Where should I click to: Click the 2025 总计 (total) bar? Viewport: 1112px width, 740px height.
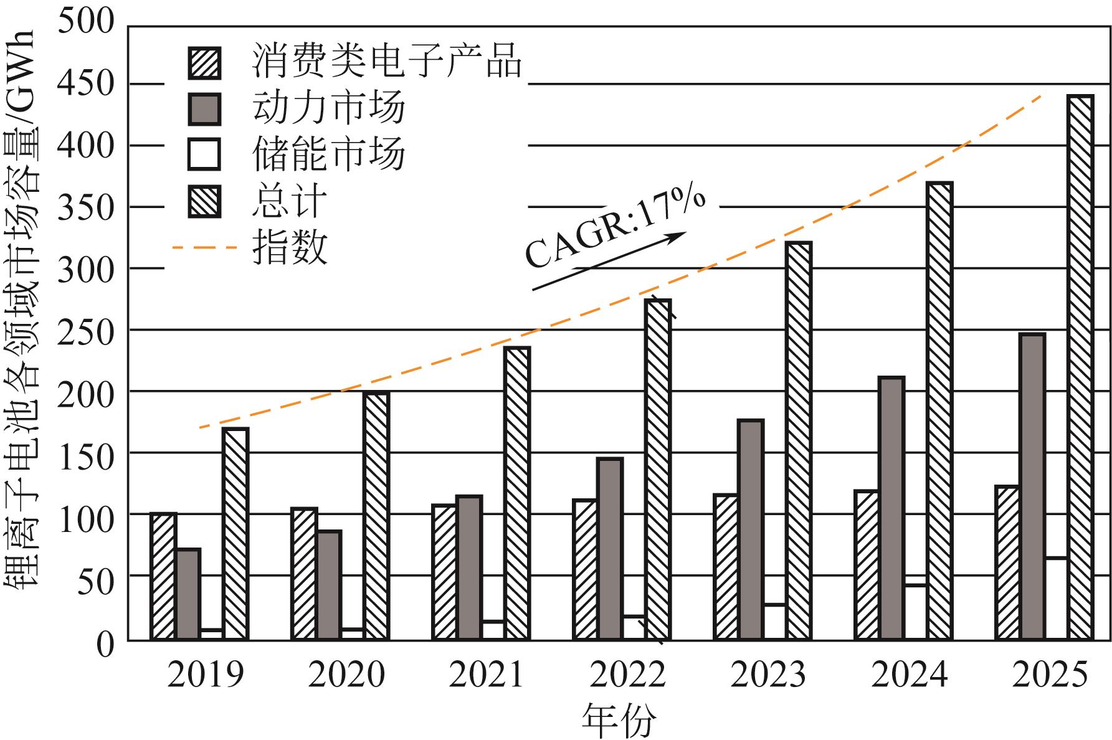(1080, 368)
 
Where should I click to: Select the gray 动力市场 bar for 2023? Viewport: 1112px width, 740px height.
(751, 529)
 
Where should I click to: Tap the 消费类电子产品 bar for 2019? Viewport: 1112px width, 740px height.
(163, 576)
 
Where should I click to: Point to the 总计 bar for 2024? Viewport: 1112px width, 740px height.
(939, 411)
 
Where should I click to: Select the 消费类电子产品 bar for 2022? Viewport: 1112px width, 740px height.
(585, 569)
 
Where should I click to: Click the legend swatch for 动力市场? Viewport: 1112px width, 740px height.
(204, 109)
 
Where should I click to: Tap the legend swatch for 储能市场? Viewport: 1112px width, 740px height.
(204, 155)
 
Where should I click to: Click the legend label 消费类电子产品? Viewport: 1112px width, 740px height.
(386, 61)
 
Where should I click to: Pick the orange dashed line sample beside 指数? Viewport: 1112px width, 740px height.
(205, 248)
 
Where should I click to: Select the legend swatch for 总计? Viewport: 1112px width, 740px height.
(204, 201)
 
